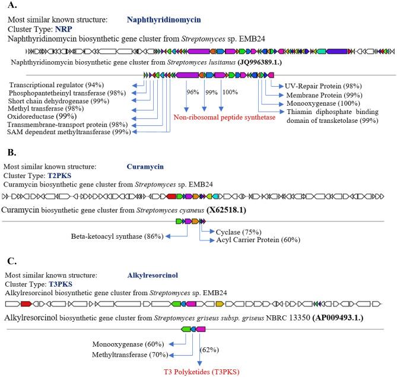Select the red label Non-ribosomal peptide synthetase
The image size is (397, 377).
click(224, 118)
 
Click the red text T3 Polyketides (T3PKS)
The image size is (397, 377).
click(198, 372)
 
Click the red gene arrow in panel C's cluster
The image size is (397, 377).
click(26, 303)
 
